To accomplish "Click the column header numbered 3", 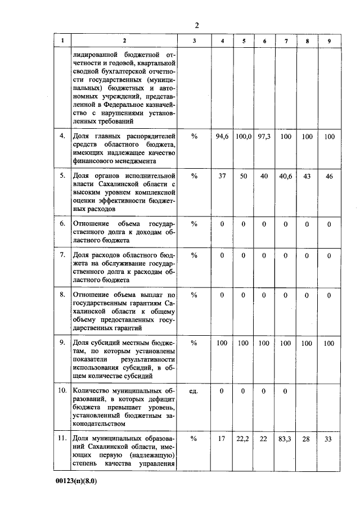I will click(x=194, y=40).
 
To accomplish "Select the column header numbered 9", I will click(x=329, y=40).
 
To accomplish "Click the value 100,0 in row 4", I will click(x=244, y=137).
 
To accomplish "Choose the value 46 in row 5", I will click(x=329, y=176).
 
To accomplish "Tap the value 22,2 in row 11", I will click(x=244, y=438).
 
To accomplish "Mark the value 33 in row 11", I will click(x=329, y=438).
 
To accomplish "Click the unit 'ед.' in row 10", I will click(x=194, y=391).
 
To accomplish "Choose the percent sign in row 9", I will click(x=194, y=343).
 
